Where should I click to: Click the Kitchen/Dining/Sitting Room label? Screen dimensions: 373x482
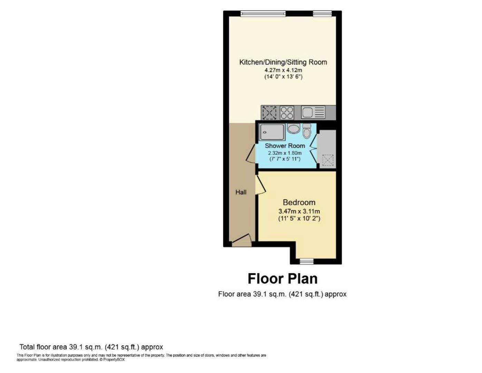click(x=283, y=62)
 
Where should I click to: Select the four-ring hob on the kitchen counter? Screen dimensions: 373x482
click(x=287, y=112)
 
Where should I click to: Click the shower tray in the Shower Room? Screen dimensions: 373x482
click(x=272, y=132)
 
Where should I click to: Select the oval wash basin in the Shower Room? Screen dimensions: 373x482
click(x=294, y=129)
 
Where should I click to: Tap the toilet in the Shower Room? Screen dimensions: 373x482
click(x=306, y=131)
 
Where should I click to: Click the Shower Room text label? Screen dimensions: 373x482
click(x=285, y=146)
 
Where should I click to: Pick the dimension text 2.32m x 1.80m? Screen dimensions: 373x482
click(x=285, y=153)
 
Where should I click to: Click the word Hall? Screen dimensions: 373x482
click(x=241, y=192)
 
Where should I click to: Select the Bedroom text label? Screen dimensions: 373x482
click(x=299, y=202)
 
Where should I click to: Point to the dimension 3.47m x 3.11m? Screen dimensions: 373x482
click(x=299, y=211)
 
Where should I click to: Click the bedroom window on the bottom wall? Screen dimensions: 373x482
click(x=306, y=261)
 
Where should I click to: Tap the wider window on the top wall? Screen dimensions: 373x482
click(x=263, y=14)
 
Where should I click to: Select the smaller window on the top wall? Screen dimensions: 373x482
click(x=322, y=14)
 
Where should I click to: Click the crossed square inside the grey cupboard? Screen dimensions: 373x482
click(x=328, y=160)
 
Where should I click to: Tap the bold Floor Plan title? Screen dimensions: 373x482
click(x=283, y=278)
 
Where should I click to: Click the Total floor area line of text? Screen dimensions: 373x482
click(x=91, y=347)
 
